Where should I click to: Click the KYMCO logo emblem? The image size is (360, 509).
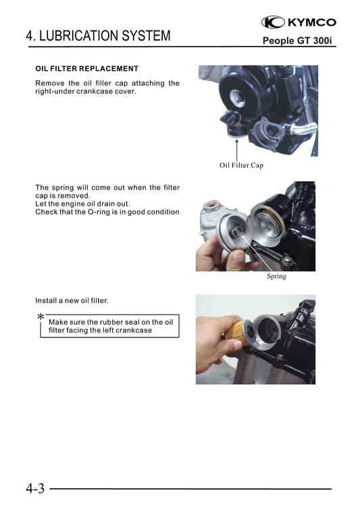273,22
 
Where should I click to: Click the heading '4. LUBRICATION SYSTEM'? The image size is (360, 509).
98,36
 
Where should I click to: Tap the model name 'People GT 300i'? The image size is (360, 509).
297,41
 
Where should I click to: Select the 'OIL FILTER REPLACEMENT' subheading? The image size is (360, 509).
86,69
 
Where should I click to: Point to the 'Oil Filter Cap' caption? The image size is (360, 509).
241,165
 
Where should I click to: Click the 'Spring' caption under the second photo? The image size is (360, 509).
276,276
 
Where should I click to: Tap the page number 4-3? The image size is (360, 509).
35,488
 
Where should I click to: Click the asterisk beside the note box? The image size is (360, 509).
41,317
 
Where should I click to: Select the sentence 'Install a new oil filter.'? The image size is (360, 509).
72,300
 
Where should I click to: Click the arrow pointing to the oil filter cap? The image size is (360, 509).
236,150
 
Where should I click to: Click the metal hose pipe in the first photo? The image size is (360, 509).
303,129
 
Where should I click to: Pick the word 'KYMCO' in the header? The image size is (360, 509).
312,22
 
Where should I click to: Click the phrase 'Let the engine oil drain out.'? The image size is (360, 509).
82,204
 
